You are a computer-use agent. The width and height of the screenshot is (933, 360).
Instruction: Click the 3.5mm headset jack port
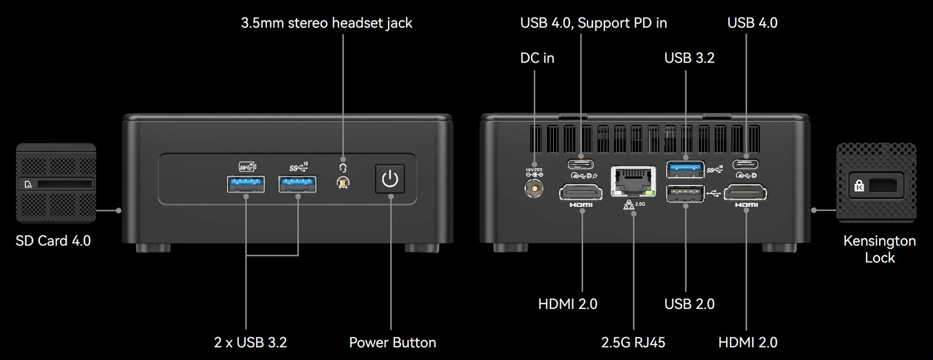click(343, 183)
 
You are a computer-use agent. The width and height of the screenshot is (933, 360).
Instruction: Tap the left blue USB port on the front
click(246, 185)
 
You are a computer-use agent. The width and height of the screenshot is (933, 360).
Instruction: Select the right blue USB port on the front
click(297, 185)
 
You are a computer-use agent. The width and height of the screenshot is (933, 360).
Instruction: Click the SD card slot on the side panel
click(65, 184)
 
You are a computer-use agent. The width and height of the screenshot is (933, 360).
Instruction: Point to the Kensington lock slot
click(883, 185)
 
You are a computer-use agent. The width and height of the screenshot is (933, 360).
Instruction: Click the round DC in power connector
click(534, 188)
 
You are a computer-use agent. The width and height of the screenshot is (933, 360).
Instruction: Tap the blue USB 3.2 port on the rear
click(685, 169)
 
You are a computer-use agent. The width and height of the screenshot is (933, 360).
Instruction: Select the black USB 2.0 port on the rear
click(685, 193)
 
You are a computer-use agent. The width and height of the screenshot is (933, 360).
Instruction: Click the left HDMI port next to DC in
click(581, 193)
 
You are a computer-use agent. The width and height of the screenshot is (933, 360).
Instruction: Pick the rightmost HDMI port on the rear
click(745, 193)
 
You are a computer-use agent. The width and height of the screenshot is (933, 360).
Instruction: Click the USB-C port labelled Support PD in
click(580, 164)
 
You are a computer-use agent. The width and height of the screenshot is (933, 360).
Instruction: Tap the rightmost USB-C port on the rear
click(745, 164)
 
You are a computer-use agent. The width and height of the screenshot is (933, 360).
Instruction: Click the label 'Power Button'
click(392, 343)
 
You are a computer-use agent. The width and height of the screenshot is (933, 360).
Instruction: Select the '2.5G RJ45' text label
click(633, 343)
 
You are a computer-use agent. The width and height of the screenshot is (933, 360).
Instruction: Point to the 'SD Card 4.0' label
click(53, 241)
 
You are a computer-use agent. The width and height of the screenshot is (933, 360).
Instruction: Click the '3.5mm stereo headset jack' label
click(327, 23)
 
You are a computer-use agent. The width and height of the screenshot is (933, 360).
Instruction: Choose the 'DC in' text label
click(537, 58)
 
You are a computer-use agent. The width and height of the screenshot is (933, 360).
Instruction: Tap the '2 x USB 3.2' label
click(250, 343)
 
